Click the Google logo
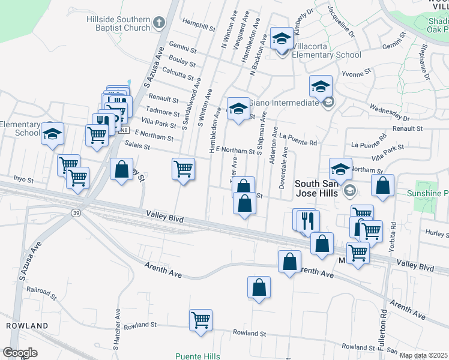pos(20,352)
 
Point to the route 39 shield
pos(76,213)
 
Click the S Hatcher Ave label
pos(116,329)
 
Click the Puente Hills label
pos(197,356)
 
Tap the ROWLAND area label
pos(27,325)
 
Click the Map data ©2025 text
pos(423,355)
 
